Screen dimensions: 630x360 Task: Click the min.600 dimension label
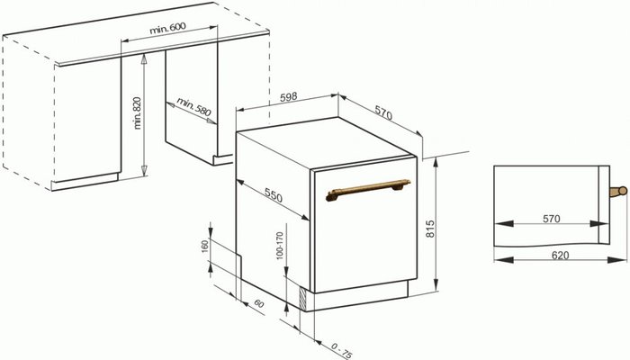point(167,29)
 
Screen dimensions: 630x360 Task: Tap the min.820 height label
point(138,112)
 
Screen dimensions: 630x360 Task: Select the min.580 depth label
point(193,107)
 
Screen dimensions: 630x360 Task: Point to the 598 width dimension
point(289,96)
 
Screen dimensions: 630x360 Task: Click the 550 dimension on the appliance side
point(274,195)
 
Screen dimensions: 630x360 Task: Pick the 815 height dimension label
point(430,229)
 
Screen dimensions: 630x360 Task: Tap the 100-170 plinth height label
point(280,246)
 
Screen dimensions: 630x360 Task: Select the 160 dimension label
point(205,247)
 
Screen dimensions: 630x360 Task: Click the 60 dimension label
point(259,303)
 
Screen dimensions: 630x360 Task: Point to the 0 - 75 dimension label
point(342,350)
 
